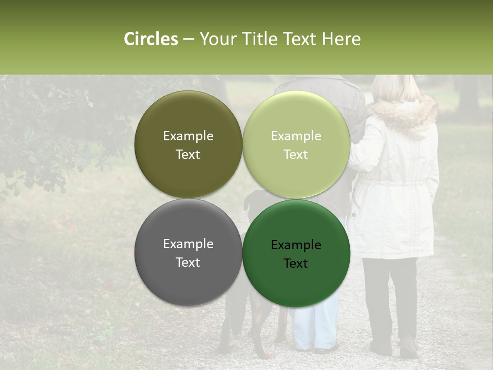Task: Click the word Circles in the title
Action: point(151,39)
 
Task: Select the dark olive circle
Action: point(188,144)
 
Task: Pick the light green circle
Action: point(296,144)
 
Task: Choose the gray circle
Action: point(188,252)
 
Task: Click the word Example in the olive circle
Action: point(188,136)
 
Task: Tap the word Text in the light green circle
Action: point(296,154)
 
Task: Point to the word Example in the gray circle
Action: point(188,244)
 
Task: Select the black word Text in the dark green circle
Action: point(296,263)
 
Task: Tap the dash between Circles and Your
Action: point(188,40)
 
